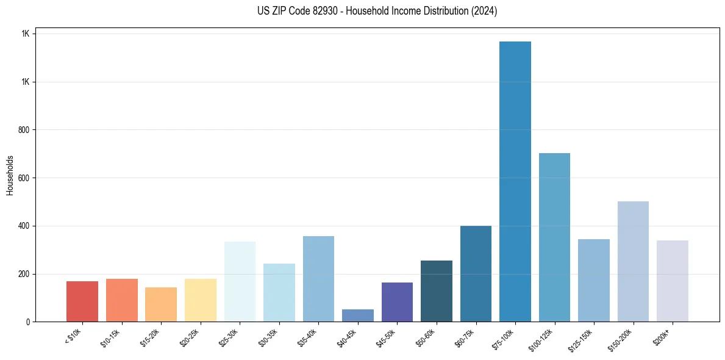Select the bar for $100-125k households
tap(554, 237)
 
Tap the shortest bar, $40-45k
tap(358, 315)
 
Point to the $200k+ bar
tap(673, 281)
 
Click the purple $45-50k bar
tap(397, 302)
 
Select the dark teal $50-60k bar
tap(437, 291)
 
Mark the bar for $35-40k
tap(318, 279)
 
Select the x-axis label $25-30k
tap(228, 339)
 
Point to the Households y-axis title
tap(10, 175)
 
